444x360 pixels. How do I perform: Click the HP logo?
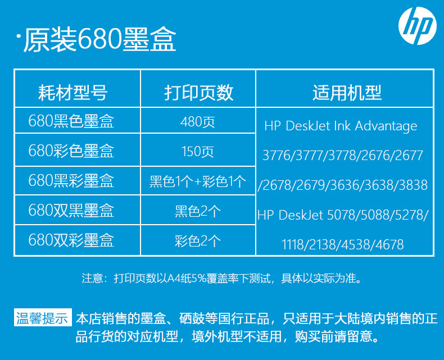pyautogui.click(x=418, y=25)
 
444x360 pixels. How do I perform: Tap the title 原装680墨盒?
pyautogui.click(x=99, y=40)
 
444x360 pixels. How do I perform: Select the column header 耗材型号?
pyautogui.click(x=73, y=92)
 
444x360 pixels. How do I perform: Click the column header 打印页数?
pyautogui.click(x=199, y=92)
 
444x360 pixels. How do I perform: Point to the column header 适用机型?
pyautogui.click(x=347, y=92)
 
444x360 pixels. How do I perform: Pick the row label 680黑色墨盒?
pyautogui.click(x=71, y=121)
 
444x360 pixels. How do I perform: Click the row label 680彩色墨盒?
pyautogui.click(x=71, y=151)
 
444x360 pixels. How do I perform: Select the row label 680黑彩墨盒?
pyautogui.click(x=71, y=180)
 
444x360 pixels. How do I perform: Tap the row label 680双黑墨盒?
pyautogui.click(x=71, y=210)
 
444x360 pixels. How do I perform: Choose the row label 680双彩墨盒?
pyautogui.click(x=71, y=240)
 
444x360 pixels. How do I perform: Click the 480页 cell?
pyautogui.click(x=198, y=122)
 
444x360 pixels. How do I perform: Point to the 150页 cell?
pyautogui.click(x=198, y=151)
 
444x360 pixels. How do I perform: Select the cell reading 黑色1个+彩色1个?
pyautogui.click(x=198, y=181)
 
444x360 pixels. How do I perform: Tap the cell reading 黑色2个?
pyautogui.click(x=198, y=211)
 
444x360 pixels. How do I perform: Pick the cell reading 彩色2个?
pyautogui.click(x=198, y=241)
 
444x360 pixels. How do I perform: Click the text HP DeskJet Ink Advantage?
pyautogui.click(x=341, y=126)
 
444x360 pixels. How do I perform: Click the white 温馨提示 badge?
pyautogui.click(x=43, y=317)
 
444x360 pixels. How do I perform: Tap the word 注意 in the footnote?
pyautogui.click(x=92, y=278)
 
